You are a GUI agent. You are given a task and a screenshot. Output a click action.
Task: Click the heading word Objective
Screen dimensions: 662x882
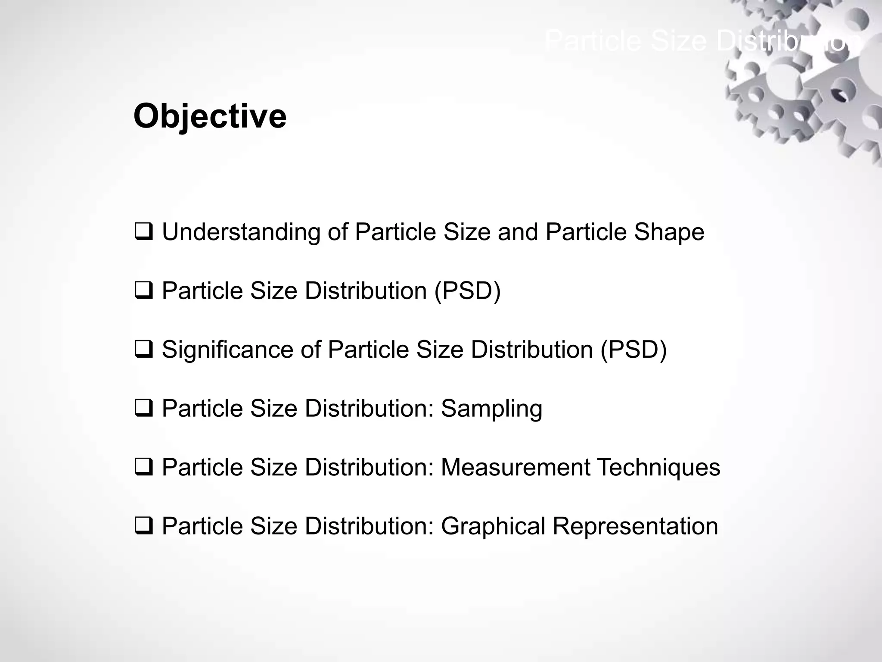point(210,116)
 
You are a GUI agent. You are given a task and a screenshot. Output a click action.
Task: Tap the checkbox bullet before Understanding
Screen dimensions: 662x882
point(143,232)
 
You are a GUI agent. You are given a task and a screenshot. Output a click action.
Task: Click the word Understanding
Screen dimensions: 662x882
point(241,233)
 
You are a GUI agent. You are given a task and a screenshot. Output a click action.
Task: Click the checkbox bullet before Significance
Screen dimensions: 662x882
point(143,349)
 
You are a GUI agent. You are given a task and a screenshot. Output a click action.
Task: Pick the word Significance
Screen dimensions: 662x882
point(227,350)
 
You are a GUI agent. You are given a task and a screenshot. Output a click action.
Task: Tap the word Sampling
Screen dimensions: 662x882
point(491,409)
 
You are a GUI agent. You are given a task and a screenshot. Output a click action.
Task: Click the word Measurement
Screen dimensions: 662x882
point(516,467)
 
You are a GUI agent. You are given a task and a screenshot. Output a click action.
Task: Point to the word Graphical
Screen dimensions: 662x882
point(493,527)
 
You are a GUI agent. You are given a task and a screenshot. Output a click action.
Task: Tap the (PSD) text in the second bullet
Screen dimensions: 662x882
point(467,291)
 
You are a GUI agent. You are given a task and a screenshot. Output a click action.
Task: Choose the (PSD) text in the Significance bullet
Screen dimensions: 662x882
point(634,350)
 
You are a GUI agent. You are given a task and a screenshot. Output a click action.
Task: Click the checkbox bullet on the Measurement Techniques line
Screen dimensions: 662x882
point(143,467)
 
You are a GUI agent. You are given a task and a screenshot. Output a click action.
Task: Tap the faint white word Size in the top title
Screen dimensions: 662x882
point(678,41)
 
